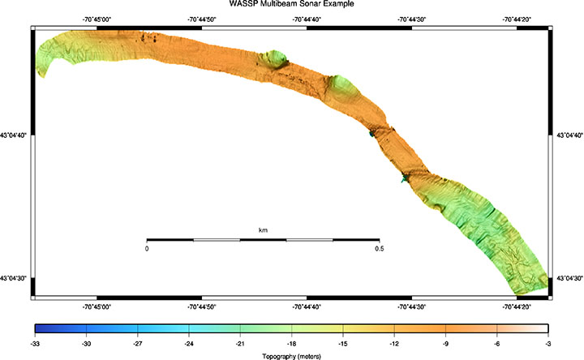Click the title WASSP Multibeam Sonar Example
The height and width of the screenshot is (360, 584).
pos(291,4)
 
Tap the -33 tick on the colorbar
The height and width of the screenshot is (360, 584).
pos(34,343)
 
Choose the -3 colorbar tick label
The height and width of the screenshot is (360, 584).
pos(548,343)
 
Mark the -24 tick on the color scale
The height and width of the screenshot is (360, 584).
pos(189,343)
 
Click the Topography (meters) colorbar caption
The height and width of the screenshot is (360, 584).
pos(291,355)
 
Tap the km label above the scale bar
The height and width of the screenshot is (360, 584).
pos(263,231)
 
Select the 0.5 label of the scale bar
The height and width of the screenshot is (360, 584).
pos(379,249)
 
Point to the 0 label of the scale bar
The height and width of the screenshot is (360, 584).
pos(147,249)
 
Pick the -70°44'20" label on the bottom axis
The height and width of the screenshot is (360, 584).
pos(517,306)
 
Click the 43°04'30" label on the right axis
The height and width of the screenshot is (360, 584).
pos(569,277)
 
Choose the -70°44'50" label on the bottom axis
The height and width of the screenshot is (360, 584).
pos(201,306)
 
